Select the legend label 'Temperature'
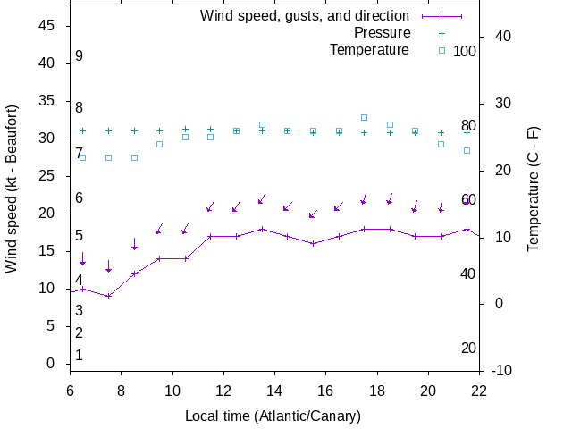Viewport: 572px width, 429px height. pyautogui.click(x=369, y=50)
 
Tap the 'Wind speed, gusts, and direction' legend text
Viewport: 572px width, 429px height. pyautogui.click(x=305, y=16)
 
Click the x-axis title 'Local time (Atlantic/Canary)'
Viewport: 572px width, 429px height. pyautogui.click(x=273, y=416)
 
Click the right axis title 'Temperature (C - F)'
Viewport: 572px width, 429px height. pyautogui.click(x=534, y=188)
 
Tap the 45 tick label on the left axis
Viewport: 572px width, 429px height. pyautogui.click(x=48, y=26)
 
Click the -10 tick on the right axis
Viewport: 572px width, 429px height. pyautogui.click(x=501, y=370)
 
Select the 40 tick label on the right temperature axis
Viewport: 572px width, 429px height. pyautogui.click(x=501, y=37)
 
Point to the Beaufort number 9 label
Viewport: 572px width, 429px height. pyautogui.click(x=79, y=56)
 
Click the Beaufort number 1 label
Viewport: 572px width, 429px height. pyautogui.click(x=79, y=356)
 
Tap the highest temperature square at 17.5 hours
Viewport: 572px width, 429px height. pyautogui.click(x=365, y=117)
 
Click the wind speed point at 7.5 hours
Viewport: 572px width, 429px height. pyautogui.click(x=108, y=296)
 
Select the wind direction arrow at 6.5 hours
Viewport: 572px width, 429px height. pyautogui.click(x=83, y=259)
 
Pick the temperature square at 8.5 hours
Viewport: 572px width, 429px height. pyautogui.click(x=134, y=157)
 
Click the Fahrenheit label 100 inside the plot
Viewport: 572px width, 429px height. pyautogui.click(x=465, y=51)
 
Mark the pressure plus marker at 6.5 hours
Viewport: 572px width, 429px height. pyautogui.click(x=83, y=130)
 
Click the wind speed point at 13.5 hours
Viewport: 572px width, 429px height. pyautogui.click(x=262, y=229)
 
